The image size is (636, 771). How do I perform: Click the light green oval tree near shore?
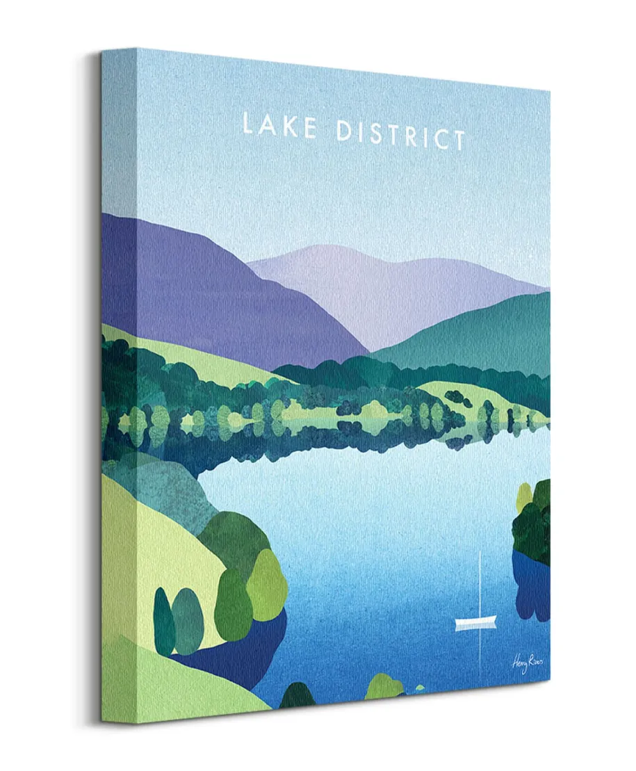click(x=267, y=584)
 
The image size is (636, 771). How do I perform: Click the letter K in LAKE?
click(x=290, y=127)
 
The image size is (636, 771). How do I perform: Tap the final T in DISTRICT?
click(x=456, y=139)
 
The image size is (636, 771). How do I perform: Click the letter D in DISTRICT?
click(x=343, y=130)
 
